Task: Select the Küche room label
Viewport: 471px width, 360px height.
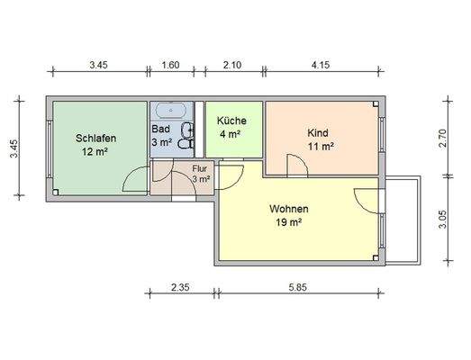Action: [x=231, y=121]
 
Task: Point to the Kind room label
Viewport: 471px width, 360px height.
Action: [x=320, y=131]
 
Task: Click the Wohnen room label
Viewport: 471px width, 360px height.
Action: [x=289, y=209]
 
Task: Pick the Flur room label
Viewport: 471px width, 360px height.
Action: [x=200, y=168]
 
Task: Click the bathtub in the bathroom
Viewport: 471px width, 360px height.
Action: [x=170, y=112]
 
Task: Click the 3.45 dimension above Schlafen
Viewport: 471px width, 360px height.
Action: [x=99, y=65]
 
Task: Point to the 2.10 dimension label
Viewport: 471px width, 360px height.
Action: [x=231, y=65]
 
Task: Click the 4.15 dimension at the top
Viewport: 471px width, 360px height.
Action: [x=321, y=65]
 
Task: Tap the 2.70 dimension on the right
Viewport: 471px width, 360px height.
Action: [x=442, y=138]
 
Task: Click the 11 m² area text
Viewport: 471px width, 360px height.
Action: [x=321, y=145]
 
